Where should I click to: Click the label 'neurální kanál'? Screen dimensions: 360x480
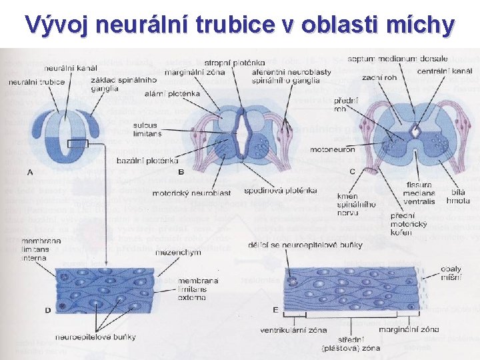click(71, 68)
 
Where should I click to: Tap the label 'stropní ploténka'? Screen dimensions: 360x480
click(234, 63)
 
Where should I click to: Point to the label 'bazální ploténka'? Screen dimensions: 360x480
click(147, 161)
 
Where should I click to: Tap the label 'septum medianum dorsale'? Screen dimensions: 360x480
click(397, 59)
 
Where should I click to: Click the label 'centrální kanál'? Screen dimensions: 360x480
click(445, 71)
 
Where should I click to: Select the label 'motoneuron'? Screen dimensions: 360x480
click(332, 149)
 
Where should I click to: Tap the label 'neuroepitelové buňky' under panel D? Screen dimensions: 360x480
click(105, 337)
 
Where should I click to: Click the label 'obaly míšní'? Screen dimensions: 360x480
click(451, 273)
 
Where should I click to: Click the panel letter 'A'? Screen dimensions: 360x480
click(29, 171)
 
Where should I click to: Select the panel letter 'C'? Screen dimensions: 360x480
click(352, 171)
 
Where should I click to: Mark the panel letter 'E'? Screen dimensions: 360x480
click(276, 309)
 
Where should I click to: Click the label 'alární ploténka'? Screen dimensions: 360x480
click(172, 94)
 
